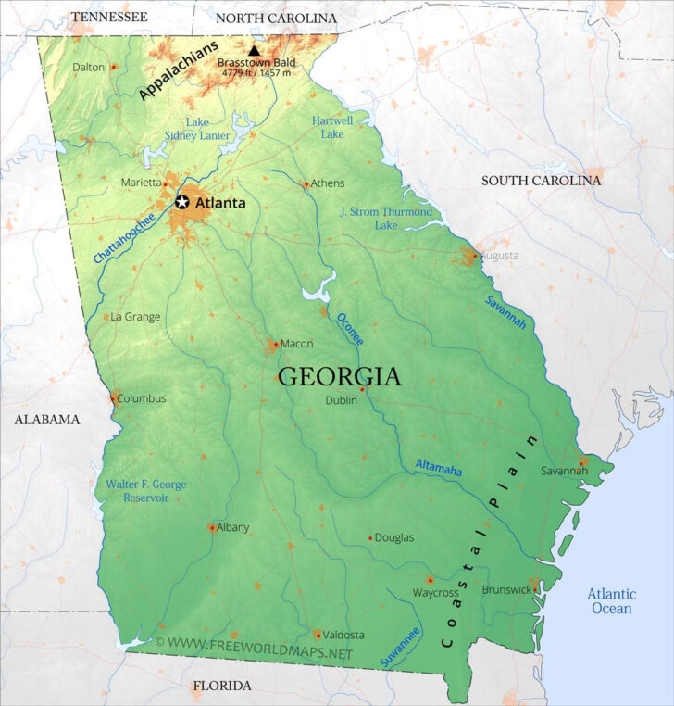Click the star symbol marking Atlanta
tap(182, 202)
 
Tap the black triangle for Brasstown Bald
tap(254, 50)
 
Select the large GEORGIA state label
tap(340, 377)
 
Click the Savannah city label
tap(565, 471)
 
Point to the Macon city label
tap(296, 344)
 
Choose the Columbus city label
tap(142, 398)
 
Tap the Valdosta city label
tap(343, 635)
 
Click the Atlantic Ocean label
tap(612, 601)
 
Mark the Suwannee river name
tap(400, 647)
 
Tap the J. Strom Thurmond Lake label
tap(386, 219)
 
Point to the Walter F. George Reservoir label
tap(145, 491)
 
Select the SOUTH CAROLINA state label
tap(541, 181)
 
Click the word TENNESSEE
tap(109, 17)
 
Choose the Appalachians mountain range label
tap(179, 70)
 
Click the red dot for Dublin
tap(362, 389)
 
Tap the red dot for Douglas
tap(370, 537)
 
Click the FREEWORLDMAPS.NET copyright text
tap(254, 642)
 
